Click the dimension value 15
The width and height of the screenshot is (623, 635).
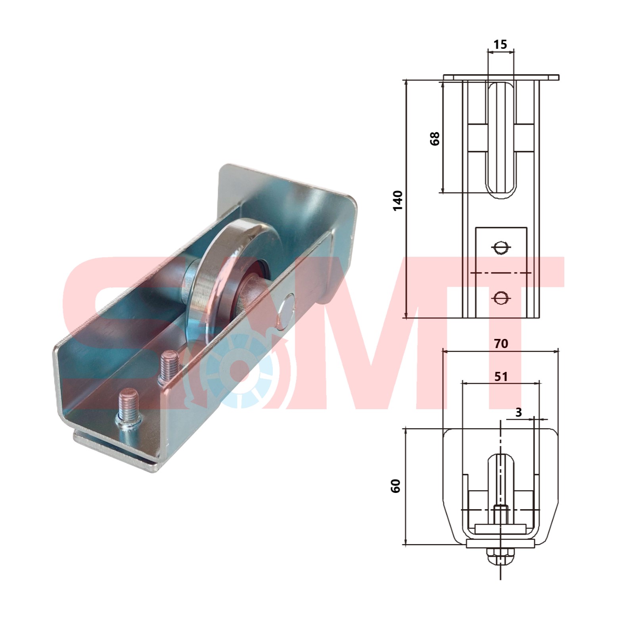[500, 44]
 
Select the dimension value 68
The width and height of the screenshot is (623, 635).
[435, 139]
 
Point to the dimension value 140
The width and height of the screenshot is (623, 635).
[397, 200]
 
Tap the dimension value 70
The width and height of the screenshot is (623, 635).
[501, 343]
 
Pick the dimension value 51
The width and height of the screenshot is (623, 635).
[501, 376]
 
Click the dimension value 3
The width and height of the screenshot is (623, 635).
[519, 412]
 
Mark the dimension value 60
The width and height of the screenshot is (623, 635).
[395, 486]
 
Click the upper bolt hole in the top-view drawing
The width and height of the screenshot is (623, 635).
[500, 248]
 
